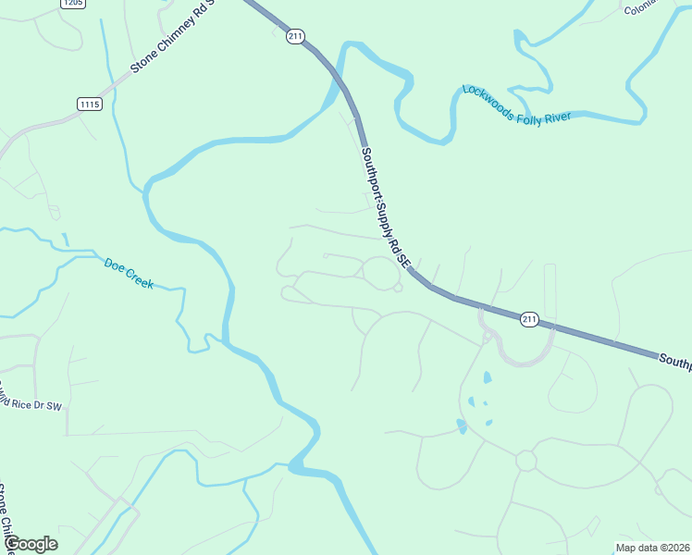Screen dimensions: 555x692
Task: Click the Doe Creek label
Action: (129, 274)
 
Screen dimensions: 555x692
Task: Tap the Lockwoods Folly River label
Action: (517, 105)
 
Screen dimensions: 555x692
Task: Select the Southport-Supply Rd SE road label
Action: (385, 207)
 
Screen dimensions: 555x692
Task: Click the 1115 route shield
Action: (90, 105)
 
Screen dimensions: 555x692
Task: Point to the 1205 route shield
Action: (73, 4)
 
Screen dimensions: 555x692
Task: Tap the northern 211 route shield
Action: (295, 36)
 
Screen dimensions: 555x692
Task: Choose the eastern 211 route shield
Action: (528, 319)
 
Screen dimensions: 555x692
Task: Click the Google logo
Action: (31, 543)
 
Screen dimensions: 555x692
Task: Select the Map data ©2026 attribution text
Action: (652, 547)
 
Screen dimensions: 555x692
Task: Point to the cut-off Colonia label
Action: (639, 9)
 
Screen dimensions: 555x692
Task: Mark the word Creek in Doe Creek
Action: (140, 279)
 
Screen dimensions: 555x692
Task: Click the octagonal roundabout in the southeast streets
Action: (525, 460)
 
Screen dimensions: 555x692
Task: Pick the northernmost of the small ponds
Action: (488, 377)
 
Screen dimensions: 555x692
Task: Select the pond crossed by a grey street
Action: (463, 425)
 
